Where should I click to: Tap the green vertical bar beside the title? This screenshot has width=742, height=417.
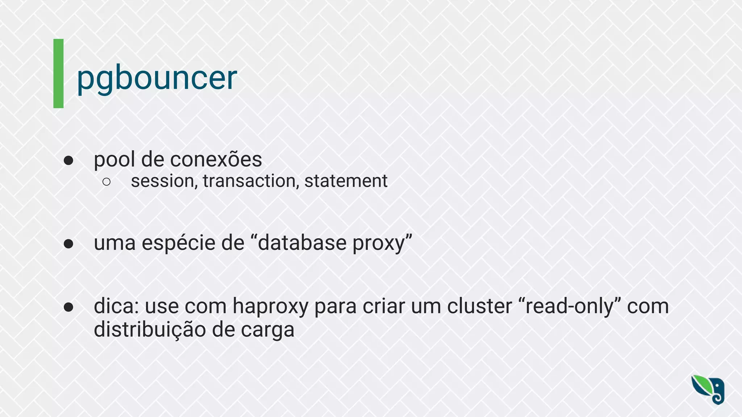pos(58,73)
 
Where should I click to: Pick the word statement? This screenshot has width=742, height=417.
pos(346,181)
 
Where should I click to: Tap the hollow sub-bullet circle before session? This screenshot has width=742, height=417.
pos(107,182)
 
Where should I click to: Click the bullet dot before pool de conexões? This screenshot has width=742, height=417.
pos(68,160)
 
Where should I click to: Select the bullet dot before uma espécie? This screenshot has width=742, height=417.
pos(68,244)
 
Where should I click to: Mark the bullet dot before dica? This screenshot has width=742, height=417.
pos(68,307)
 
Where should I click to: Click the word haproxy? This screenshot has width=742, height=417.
pos(270,307)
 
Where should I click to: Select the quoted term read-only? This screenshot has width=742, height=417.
pos(570,306)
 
